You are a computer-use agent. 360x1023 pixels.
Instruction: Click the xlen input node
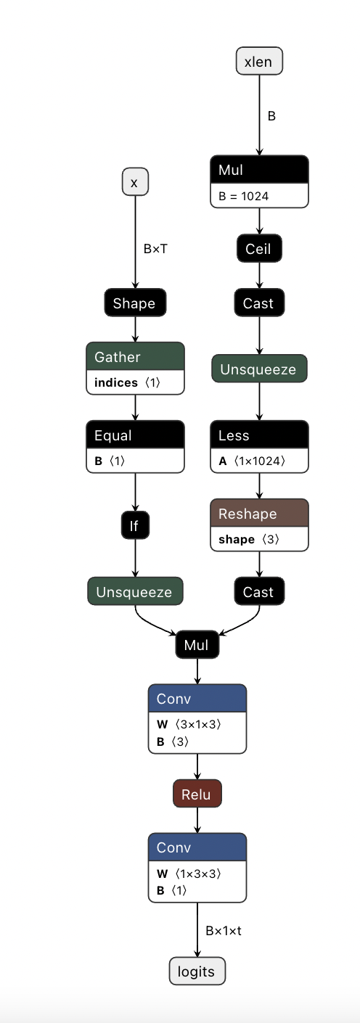[259, 61]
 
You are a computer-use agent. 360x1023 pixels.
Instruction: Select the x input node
[134, 183]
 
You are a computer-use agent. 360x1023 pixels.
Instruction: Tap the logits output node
[197, 971]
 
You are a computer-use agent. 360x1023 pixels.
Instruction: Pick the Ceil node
[258, 249]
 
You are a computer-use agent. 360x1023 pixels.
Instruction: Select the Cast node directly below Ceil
[258, 303]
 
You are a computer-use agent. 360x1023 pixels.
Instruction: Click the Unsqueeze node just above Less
[258, 369]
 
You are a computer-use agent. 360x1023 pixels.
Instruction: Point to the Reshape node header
[259, 514]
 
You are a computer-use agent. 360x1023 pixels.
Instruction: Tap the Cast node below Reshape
[258, 592]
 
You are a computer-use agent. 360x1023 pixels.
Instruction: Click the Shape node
[134, 303]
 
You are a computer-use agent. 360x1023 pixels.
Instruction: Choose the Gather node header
[135, 357]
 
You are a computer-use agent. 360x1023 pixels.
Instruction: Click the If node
[134, 526]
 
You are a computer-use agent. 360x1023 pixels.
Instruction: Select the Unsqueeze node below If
[134, 592]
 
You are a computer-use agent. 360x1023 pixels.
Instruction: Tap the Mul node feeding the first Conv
[196, 644]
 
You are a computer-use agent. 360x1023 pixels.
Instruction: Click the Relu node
[197, 794]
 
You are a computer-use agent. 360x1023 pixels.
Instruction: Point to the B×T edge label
[156, 249]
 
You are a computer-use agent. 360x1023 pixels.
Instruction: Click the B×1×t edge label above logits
[223, 930]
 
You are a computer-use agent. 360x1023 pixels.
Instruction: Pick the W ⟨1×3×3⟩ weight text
[189, 874]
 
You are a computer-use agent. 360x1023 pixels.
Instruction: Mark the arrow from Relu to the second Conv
[197, 821]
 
